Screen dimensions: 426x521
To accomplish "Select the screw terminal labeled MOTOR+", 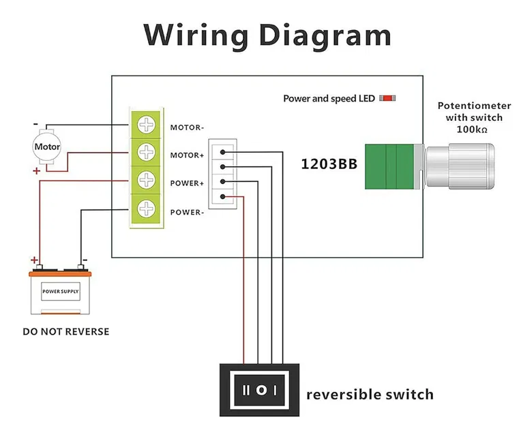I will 147,151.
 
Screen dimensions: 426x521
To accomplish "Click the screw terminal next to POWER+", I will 147,181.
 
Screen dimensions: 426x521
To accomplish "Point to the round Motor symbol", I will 47,147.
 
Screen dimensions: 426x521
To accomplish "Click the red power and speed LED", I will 387,99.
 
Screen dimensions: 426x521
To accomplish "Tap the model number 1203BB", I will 329,164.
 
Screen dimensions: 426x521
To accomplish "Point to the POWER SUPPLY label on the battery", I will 60,291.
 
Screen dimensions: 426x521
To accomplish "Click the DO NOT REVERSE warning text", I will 65,332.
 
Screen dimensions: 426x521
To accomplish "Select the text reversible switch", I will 370,394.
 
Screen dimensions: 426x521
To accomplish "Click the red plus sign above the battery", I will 34,260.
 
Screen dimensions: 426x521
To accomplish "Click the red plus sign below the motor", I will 36,170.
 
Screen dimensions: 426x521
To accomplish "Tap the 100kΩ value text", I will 472,129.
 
